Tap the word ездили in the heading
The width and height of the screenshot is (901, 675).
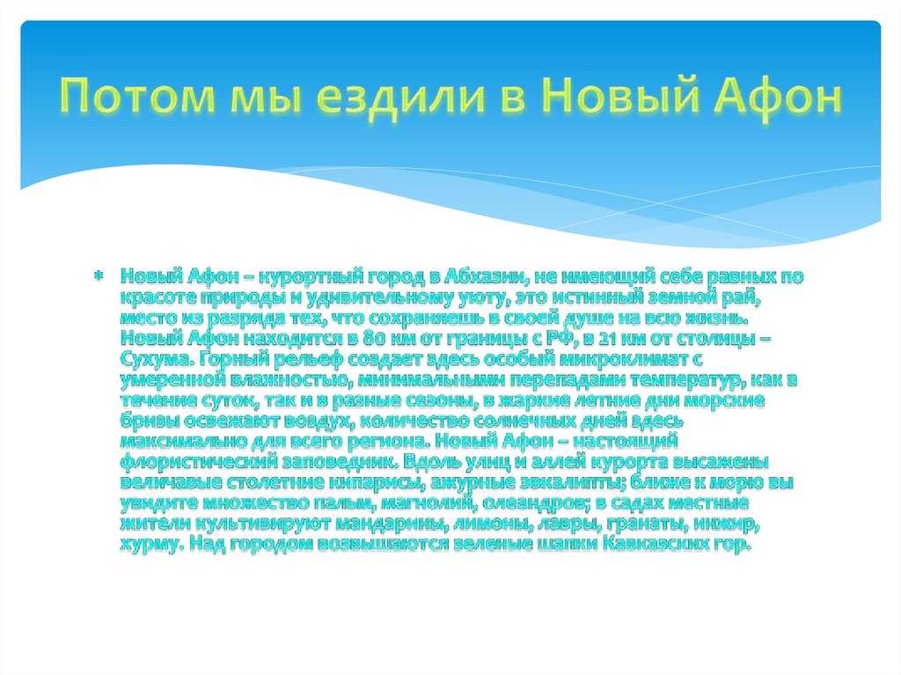(390, 99)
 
